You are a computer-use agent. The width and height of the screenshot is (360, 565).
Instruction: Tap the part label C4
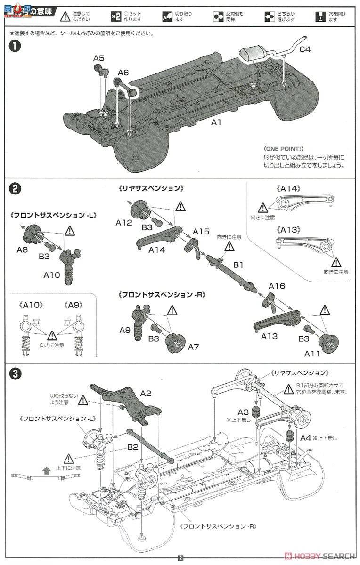pyautogui.click(x=305, y=48)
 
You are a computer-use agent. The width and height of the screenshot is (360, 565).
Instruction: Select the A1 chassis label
pyautogui.click(x=216, y=122)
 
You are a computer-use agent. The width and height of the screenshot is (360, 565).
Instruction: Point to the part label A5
pyautogui.click(x=98, y=58)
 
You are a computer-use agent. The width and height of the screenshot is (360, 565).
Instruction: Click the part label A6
pyautogui.click(x=123, y=73)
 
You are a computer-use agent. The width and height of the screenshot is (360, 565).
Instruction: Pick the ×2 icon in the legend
pyautogui.click(x=116, y=17)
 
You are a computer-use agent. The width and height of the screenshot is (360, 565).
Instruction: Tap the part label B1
pyautogui.click(x=238, y=266)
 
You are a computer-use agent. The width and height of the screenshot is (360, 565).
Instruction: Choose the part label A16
pyautogui.click(x=277, y=286)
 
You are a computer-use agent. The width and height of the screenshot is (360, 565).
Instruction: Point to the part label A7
pyautogui.click(x=194, y=347)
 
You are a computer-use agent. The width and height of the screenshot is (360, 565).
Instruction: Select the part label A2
pyautogui.click(x=146, y=394)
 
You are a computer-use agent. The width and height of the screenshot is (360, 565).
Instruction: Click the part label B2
pyautogui.click(x=132, y=447)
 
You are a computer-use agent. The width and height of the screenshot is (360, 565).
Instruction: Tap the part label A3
pyautogui.click(x=243, y=412)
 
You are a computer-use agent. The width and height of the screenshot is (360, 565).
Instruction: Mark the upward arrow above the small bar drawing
pyautogui.click(x=46, y=470)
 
